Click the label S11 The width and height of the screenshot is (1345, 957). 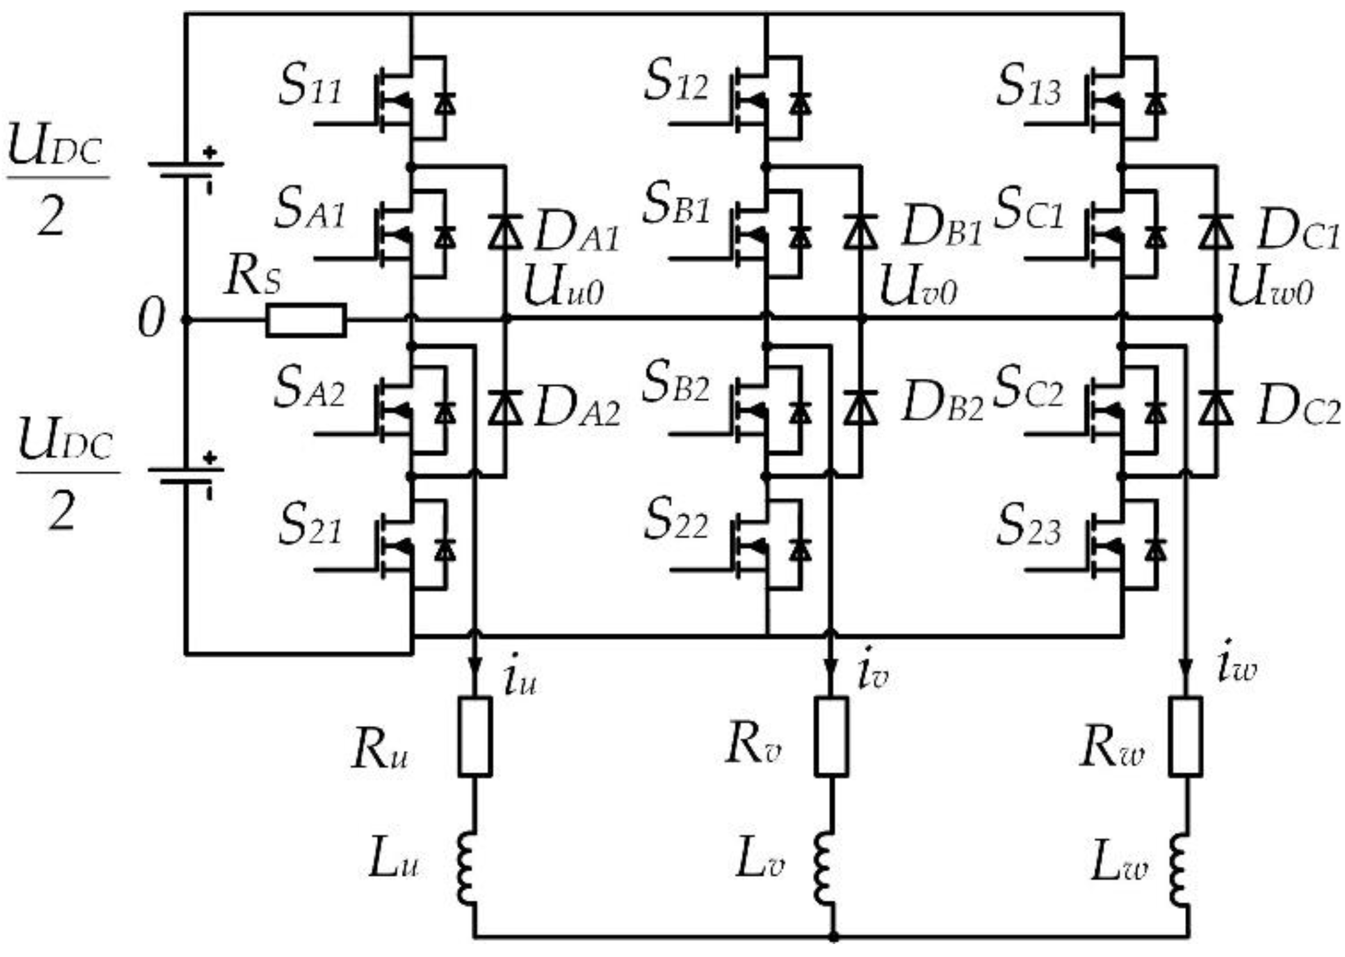coord(310,88)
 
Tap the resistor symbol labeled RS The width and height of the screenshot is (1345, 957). coord(305,320)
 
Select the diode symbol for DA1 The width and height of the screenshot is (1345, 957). coord(505,233)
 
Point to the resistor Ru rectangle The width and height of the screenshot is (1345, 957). coord(475,737)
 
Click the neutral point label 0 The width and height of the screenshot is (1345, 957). coord(150,320)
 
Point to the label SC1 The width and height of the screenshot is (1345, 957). coord(1028,212)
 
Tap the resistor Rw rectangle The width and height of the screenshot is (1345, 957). coord(1186,737)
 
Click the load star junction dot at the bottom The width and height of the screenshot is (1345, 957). coord(833,935)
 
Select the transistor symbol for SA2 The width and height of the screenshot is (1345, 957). coord(401,410)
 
